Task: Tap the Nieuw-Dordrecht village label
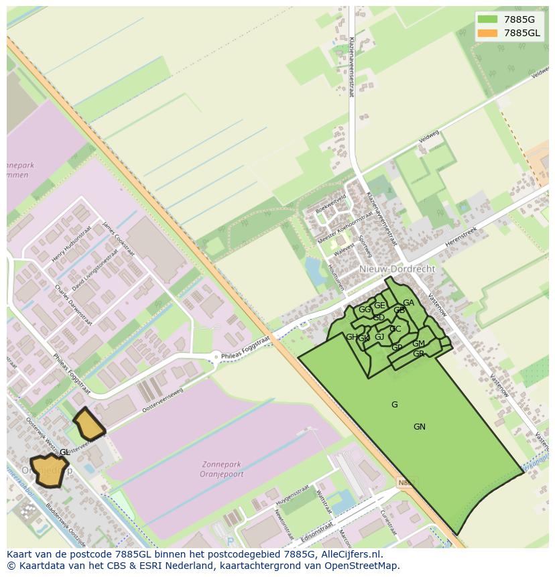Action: (397, 269)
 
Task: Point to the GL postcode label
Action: (64, 452)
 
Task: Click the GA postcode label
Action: (408, 303)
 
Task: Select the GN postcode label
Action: (419, 427)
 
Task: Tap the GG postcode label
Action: (364, 310)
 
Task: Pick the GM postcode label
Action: (418, 344)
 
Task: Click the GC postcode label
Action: (395, 329)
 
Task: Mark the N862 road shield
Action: (406, 482)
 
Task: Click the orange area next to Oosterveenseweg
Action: (88, 424)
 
